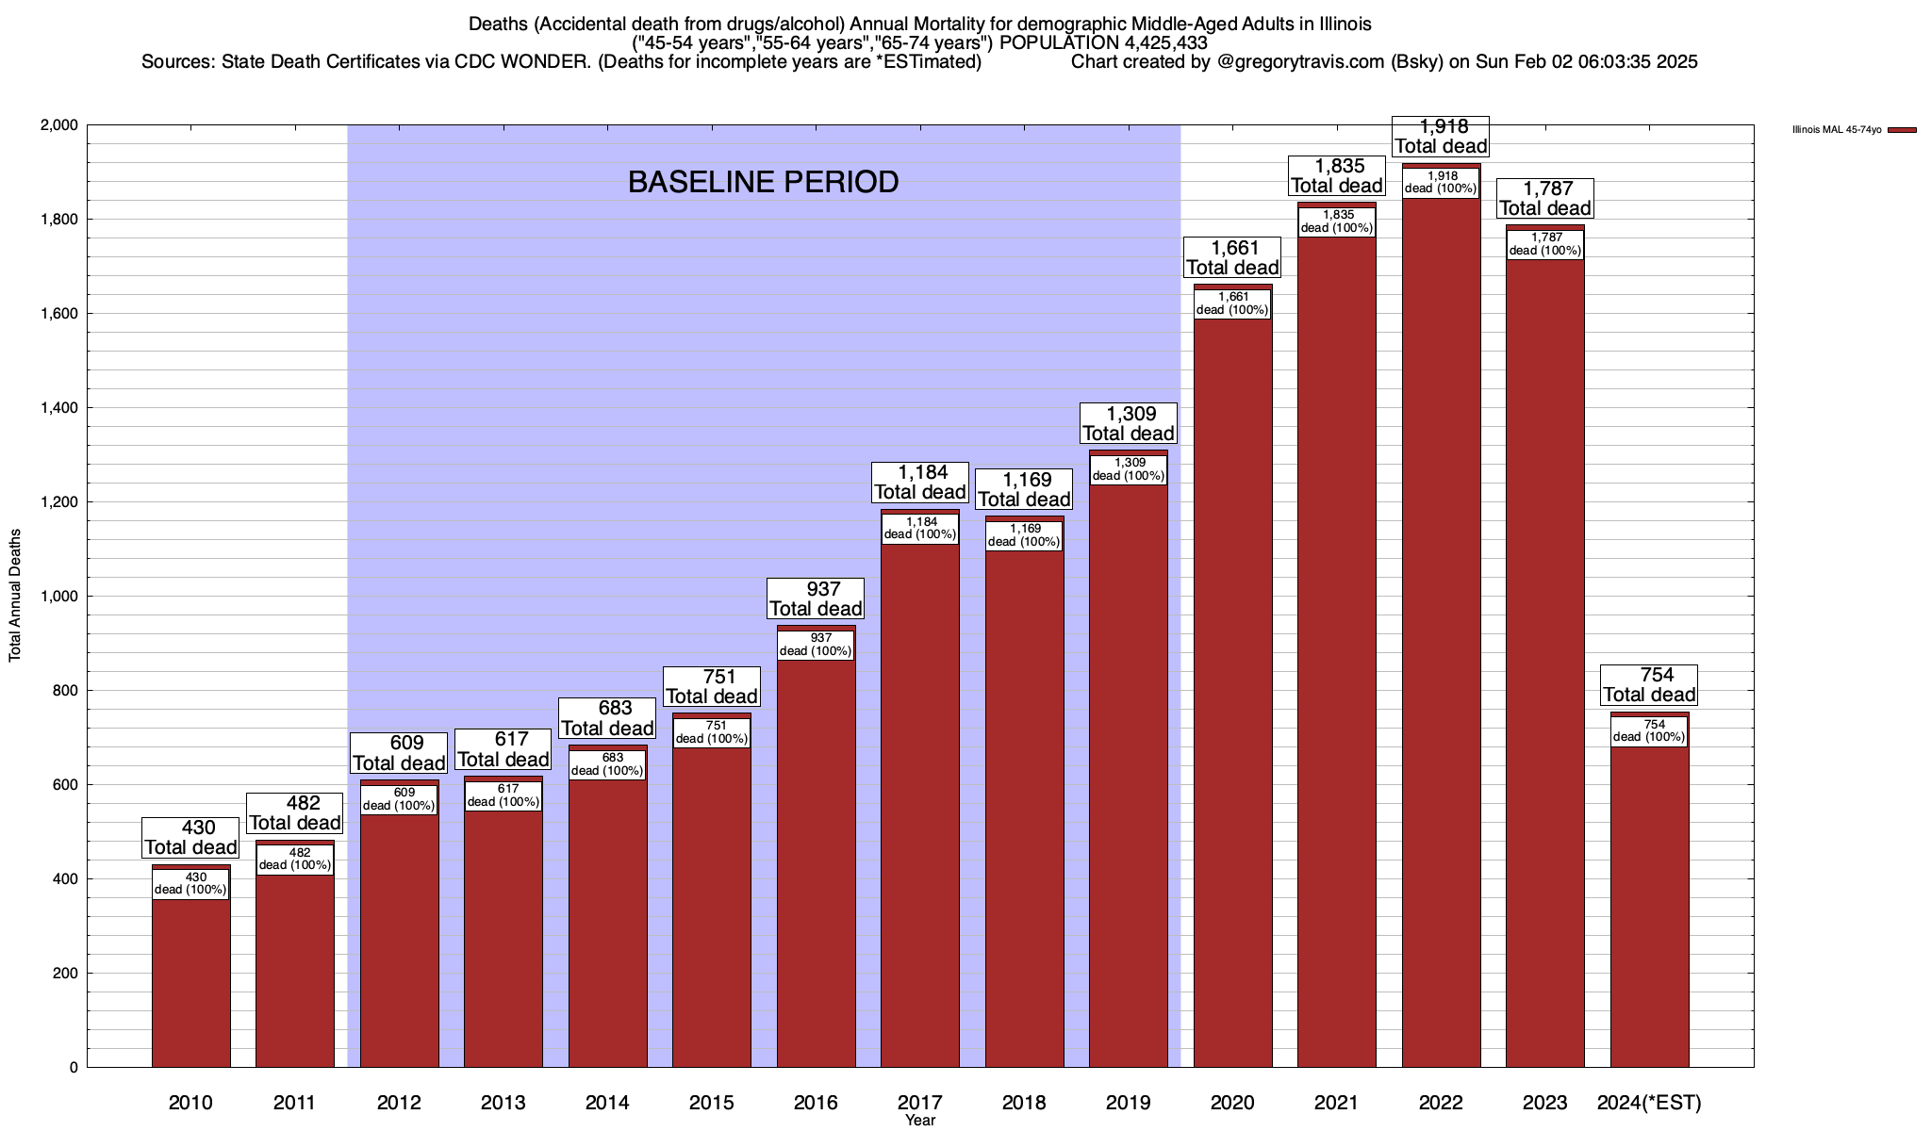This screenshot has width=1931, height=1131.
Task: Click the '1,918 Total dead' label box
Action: pos(1441,137)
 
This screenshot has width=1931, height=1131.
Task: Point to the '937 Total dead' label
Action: pos(816,598)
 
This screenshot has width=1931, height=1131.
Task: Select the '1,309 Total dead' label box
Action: pos(1128,423)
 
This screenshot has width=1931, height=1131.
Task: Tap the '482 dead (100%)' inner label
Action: pos(295,859)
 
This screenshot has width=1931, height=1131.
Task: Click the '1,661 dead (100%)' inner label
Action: pos(1232,303)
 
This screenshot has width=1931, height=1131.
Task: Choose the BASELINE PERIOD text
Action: pos(763,182)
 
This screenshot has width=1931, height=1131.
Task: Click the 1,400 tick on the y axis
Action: pos(58,408)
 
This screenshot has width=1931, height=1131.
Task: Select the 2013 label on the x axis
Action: pos(503,1103)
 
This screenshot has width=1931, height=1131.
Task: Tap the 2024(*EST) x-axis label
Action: pos(1649,1103)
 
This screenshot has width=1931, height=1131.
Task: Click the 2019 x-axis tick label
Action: pos(1128,1103)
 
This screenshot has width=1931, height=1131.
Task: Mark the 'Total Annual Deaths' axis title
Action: pos(15,595)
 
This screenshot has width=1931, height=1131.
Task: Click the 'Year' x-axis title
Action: pos(920,1121)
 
